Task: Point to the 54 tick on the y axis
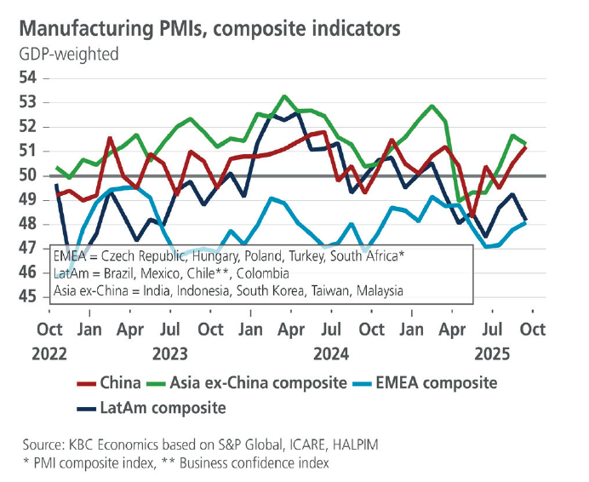[28, 77]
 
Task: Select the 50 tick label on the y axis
[28, 175]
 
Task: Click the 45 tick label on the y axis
[28, 297]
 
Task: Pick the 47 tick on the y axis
[28, 249]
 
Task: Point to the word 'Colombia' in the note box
[264, 273]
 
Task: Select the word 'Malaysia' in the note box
[374, 291]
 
